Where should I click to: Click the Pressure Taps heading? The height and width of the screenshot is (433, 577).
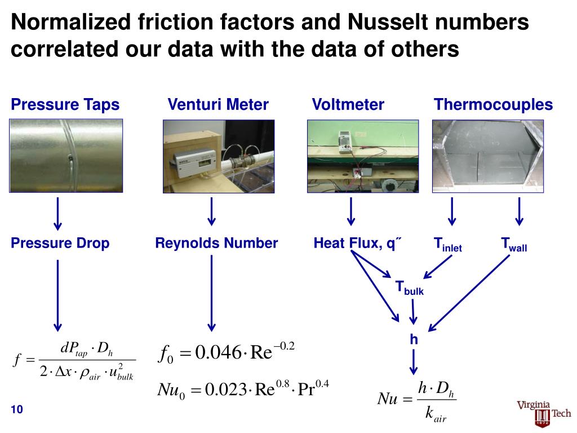65,105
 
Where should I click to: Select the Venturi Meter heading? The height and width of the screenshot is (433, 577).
218,105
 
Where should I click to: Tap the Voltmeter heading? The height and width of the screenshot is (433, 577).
348,105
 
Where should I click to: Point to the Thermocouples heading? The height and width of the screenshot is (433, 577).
493,105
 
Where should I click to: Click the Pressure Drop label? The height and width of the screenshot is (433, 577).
60,244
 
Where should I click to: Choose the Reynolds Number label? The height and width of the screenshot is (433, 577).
216,244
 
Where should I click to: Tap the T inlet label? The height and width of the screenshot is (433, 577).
447,245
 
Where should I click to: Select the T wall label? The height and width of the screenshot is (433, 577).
514,245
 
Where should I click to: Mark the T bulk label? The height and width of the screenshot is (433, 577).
409,288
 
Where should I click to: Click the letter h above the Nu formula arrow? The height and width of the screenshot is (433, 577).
414,339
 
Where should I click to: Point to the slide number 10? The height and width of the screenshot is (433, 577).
16,409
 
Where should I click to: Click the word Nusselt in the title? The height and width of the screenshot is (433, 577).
396,23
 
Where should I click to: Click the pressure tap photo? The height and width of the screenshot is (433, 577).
66,156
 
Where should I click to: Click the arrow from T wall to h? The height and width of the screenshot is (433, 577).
473,293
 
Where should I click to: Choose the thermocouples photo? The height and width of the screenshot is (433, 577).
488,156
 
